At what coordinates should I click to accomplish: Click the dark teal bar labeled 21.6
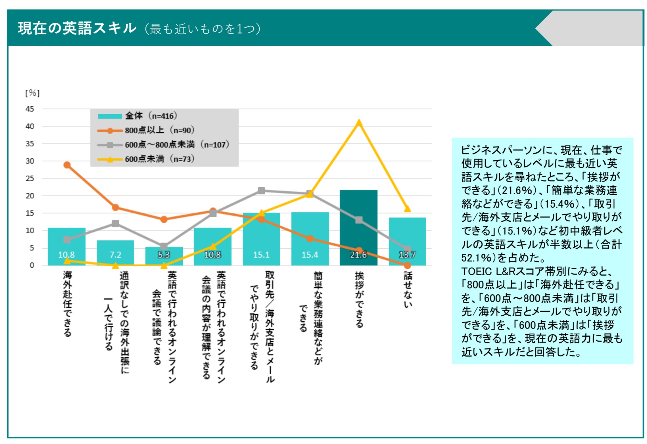click(358, 227)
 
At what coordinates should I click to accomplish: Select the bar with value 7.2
click(115, 253)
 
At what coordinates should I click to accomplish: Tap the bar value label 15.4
click(310, 255)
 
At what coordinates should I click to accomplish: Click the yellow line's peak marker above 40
click(359, 123)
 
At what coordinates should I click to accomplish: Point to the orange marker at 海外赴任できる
click(67, 165)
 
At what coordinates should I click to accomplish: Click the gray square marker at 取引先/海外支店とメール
click(261, 191)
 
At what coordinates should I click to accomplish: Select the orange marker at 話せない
click(407, 265)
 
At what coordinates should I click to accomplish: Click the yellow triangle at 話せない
click(407, 209)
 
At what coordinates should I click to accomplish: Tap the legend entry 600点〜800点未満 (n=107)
click(163, 145)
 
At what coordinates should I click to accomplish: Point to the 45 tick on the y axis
click(30, 109)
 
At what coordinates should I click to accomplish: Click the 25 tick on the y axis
click(30, 179)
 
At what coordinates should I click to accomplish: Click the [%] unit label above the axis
click(32, 93)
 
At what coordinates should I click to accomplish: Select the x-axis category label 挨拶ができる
click(359, 299)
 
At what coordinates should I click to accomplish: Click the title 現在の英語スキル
click(77, 28)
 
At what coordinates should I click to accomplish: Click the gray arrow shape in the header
click(589, 28)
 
